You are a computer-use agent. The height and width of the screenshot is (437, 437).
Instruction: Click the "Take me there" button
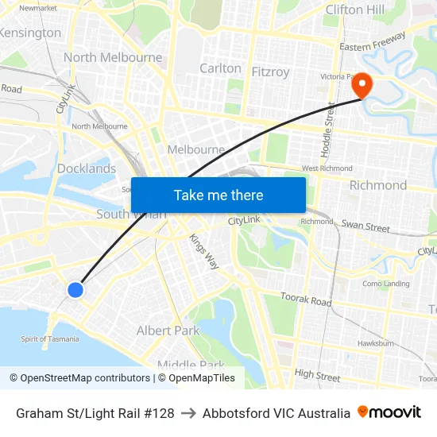click(218, 195)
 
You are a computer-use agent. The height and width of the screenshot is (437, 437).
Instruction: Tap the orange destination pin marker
click(362, 85)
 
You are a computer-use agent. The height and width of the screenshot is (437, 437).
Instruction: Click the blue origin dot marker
click(75, 290)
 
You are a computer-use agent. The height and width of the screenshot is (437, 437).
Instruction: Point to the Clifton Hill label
click(355, 10)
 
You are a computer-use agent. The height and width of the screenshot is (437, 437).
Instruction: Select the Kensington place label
click(31, 33)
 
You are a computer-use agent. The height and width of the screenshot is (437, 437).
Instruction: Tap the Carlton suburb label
click(220, 68)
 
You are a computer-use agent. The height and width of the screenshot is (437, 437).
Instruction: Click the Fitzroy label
click(270, 72)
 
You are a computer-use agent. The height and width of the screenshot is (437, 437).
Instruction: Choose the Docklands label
click(87, 168)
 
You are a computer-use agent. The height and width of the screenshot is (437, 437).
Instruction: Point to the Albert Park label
click(168, 331)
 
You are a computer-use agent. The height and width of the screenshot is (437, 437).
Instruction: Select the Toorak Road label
click(306, 300)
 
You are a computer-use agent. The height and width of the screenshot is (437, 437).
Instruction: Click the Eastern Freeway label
click(373, 42)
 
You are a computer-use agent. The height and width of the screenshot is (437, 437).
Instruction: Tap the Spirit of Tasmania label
click(50, 339)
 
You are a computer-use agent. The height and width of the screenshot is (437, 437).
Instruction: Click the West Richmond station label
click(327, 168)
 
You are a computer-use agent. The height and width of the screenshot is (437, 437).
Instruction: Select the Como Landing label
click(386, 284)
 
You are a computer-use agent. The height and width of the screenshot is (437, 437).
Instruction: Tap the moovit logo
click(389, 412)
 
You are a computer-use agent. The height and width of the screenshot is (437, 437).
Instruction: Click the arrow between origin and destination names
click(188, 413)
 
